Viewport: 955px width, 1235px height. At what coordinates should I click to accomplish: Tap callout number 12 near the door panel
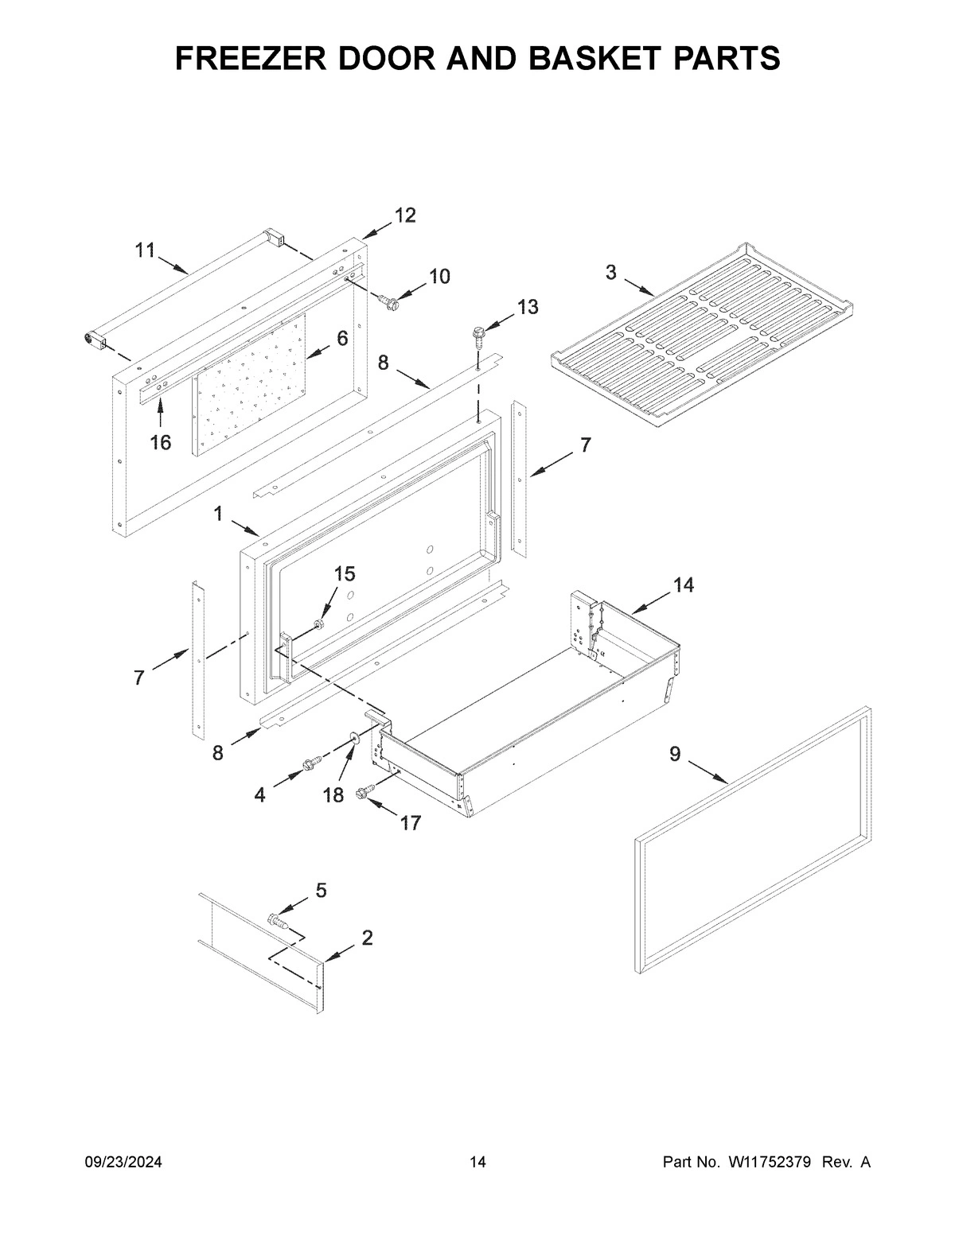pos(404,216)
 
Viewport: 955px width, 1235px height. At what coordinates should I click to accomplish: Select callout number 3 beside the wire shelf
pos(610,272)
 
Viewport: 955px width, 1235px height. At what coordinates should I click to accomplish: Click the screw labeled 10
pos(389,301)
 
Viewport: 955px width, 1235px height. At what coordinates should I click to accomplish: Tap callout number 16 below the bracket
pos(161,442)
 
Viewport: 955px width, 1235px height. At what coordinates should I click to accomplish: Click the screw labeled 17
pos(365,791)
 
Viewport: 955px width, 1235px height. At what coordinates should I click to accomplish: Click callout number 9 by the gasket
pos(675,753)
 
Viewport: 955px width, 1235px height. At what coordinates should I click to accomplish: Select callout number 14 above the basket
pos(683,585)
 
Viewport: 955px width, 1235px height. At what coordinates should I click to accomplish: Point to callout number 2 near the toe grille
pos(367,938)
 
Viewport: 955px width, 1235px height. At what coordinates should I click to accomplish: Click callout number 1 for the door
pos(217,515)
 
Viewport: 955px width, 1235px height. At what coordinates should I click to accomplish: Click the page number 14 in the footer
pos(477,1163)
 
